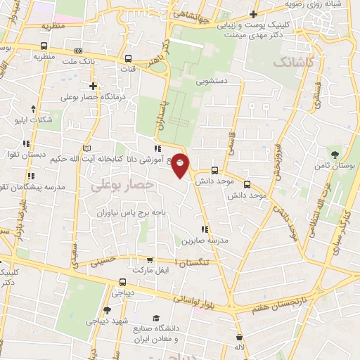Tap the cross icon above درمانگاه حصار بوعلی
point(93,86)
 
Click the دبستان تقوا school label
point(27,153)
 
